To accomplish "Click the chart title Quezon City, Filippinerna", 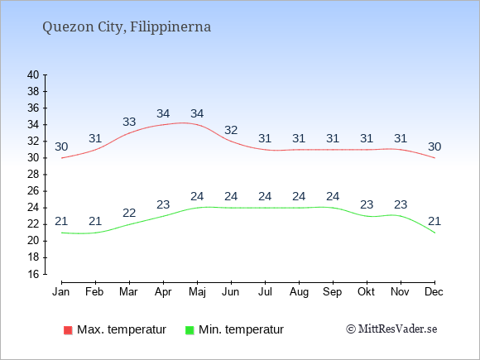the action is [x=127, y=27].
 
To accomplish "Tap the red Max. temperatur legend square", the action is [x=68, y=330].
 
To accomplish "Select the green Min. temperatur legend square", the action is [x=190, y=330].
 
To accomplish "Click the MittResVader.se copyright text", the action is [x=391, y=329].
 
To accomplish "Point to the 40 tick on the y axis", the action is [x=33, y=74].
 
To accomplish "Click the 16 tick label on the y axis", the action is [x=33, y=274].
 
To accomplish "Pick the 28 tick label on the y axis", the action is [x=33, y=175].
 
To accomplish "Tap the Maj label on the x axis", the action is [x=197, y=292].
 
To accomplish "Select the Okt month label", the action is [x=366, y=292].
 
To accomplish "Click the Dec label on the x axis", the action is [x=434, y=292].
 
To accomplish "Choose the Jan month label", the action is [x=61, y=292].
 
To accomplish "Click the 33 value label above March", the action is [x=129, y=122].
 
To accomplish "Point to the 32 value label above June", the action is [x=231, y=131].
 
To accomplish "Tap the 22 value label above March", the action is [x=129, y=213].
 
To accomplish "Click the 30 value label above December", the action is [x=434, y=147].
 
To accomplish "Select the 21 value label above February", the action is [x=95, y=221].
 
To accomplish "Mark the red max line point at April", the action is [x=163, y=125].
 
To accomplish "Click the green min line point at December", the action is [x=434, y=233].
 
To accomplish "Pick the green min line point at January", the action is [x=61, y=233].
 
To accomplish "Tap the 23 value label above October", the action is [x=367, y=204].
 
